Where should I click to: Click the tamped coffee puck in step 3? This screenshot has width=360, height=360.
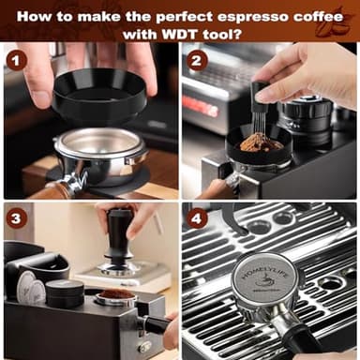116,295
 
